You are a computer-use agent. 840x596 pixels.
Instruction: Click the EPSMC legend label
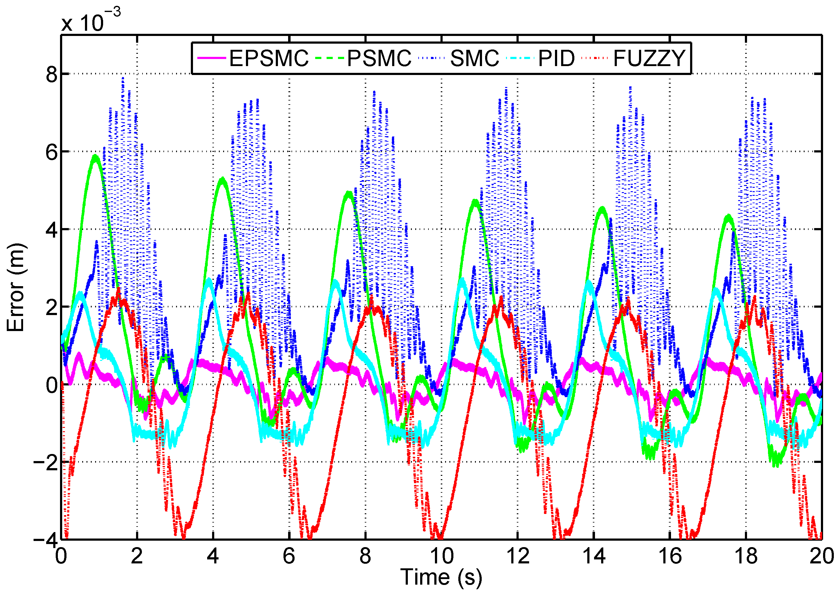pos(269,58)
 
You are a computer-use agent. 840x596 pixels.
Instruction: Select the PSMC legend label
pos(379,58)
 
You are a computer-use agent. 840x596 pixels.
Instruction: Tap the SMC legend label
pos(474,58)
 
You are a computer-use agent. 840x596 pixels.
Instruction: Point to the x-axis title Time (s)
pos(441,577)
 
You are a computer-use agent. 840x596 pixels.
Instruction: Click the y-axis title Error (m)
pos(15,287)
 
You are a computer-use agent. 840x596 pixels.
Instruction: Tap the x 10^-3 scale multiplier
pos(91,20)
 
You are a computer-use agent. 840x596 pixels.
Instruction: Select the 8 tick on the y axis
pos(51,74)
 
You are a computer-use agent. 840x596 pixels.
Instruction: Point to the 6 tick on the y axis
pos(51,152)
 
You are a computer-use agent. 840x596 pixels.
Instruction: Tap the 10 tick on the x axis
pos(442,556)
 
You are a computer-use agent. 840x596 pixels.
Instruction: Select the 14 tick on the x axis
pos(594,556)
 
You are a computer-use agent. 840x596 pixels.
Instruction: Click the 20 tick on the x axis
pos(822,556)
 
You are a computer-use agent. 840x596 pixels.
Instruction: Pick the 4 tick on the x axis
pos(213,556)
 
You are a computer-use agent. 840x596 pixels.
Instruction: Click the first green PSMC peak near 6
pos(95,157)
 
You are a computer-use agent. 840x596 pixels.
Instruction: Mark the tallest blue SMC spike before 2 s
pos(123,78)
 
